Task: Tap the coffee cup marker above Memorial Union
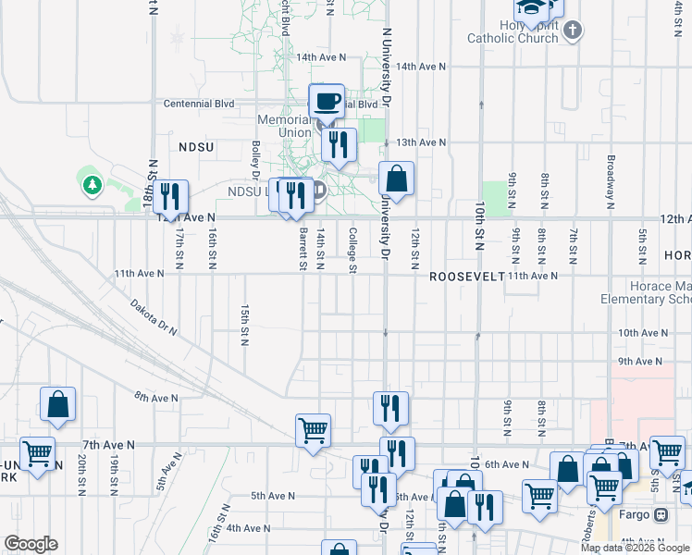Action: click(326, 100)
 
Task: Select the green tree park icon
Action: click(92, 186)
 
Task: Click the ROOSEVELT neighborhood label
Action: click(465, 277)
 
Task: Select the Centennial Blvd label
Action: click(199, 104)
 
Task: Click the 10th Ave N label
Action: click(642, 332)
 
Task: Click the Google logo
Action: click(31, 544)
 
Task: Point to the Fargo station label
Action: click(636, 514)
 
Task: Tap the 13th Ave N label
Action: click(421, 142)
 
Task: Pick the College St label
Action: click(352, 251)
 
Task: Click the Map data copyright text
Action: click(635, 548)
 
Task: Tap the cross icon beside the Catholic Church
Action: click(573, 31)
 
